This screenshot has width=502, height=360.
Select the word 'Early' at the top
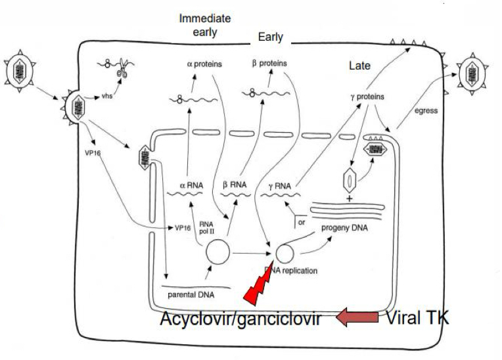(271, 37)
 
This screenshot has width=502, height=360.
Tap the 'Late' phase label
(360, 66)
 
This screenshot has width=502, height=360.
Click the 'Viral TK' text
(417, 319)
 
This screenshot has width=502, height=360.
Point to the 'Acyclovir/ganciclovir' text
(240, 321)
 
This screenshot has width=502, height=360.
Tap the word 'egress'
(425, 111)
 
